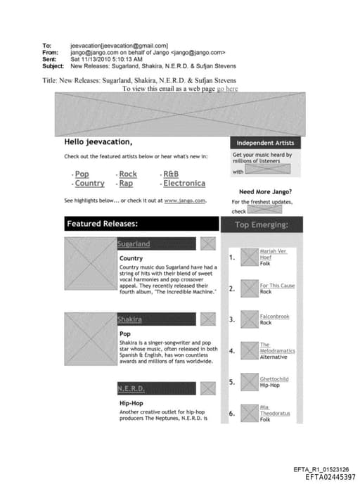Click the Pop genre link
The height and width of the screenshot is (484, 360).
82,174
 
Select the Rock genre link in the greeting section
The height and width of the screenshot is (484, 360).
128,174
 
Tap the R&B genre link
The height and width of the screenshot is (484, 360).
171,174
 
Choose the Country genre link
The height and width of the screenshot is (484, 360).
89,184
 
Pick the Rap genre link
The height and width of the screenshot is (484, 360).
126,184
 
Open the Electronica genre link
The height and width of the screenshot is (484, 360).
184,184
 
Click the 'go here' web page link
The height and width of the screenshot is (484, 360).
227,89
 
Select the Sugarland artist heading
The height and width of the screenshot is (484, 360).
134,244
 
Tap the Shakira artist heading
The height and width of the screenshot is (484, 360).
129,319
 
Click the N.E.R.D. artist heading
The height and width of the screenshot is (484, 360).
131,388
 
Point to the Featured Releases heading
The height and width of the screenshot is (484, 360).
102,224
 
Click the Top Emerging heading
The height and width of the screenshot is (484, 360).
261,225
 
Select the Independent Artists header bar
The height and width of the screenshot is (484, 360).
264,143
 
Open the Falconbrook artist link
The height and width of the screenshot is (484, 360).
274,317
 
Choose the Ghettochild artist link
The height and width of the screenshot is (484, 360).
274,378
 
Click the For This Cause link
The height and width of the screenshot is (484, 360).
277,286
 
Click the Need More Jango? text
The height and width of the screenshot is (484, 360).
266,191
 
